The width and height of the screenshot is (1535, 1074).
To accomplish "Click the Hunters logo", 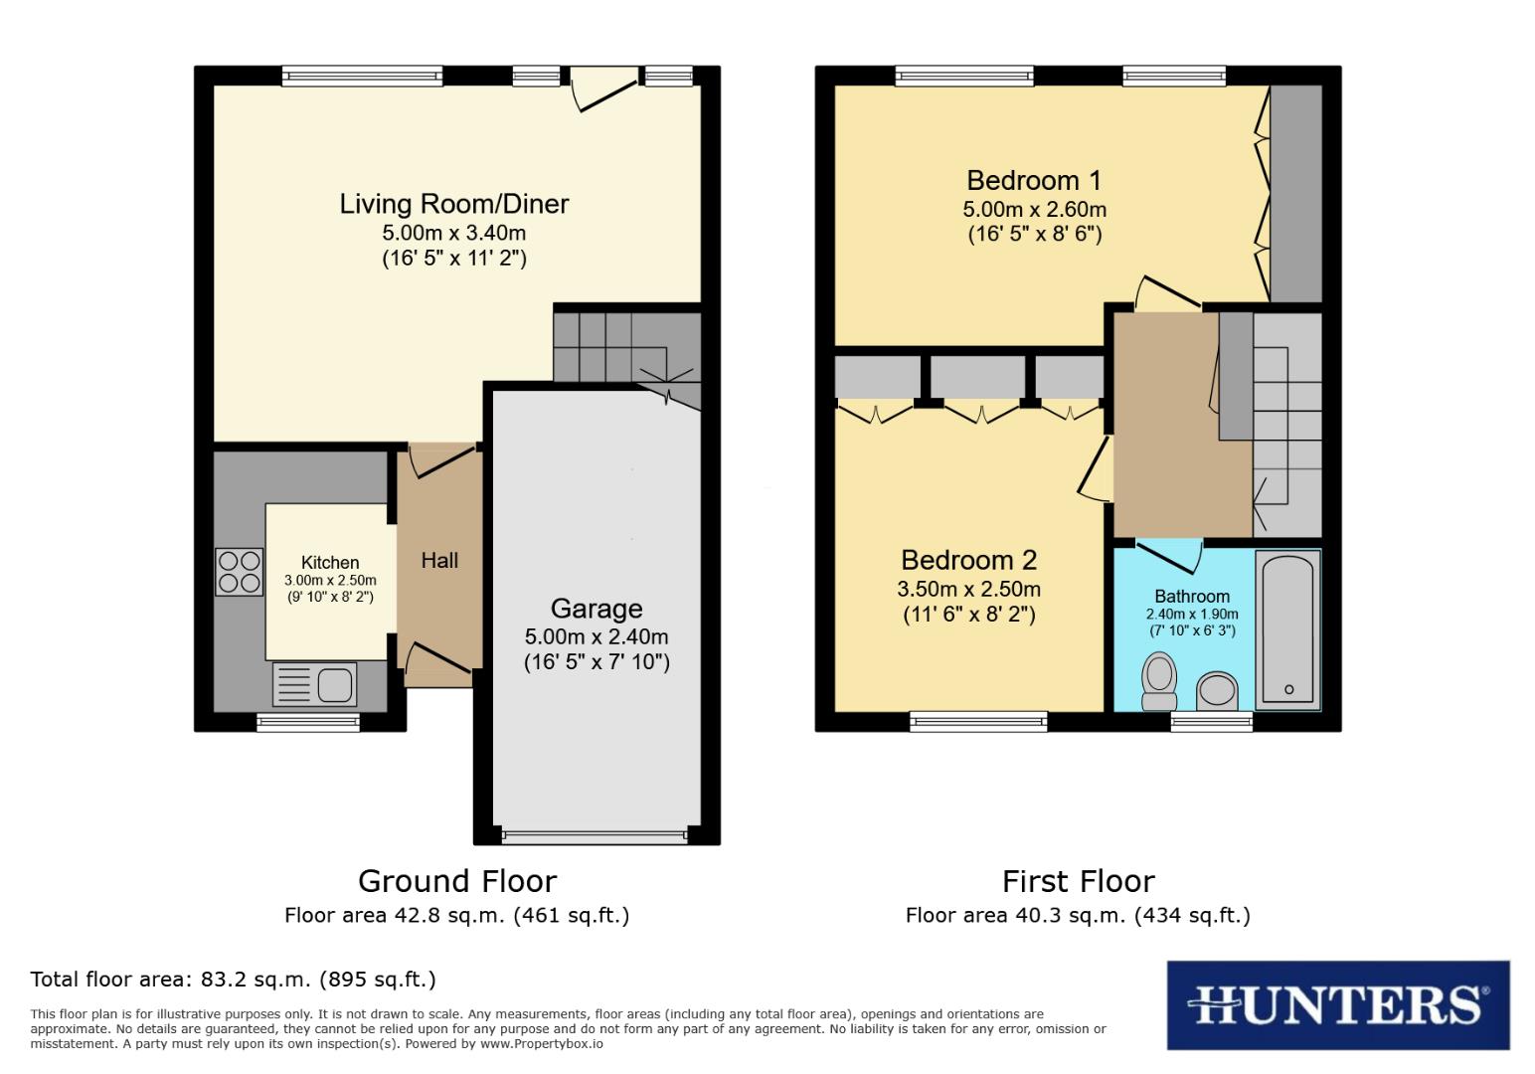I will [1337, 1004].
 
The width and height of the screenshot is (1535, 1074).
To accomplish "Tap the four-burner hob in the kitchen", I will [239, 572].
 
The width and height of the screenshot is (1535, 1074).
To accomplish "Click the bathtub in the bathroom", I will [1287, 629].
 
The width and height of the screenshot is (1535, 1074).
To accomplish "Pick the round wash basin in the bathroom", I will [1217, 689].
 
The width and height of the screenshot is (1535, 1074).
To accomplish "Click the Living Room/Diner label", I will [454, 204].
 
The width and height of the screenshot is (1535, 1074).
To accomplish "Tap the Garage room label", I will [597, 609].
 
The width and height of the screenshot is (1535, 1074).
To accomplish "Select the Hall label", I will [439, 561].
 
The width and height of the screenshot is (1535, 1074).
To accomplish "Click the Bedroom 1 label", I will [1034, 180].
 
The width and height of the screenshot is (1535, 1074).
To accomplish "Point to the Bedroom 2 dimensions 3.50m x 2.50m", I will [968, 589].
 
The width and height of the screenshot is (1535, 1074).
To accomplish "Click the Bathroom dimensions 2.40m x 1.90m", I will [1192, 615].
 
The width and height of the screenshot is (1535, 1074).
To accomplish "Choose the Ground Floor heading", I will [456, 881].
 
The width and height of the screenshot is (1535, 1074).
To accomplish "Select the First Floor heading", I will [1078, 881].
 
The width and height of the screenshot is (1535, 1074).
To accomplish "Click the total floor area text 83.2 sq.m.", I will [234, 980].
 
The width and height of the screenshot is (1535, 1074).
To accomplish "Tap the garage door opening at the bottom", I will [595, 835].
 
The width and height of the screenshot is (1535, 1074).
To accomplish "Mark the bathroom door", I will [1169, 557].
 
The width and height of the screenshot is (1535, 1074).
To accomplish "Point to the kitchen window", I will [308, 722].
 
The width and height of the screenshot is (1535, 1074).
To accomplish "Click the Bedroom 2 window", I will [979, 722].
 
